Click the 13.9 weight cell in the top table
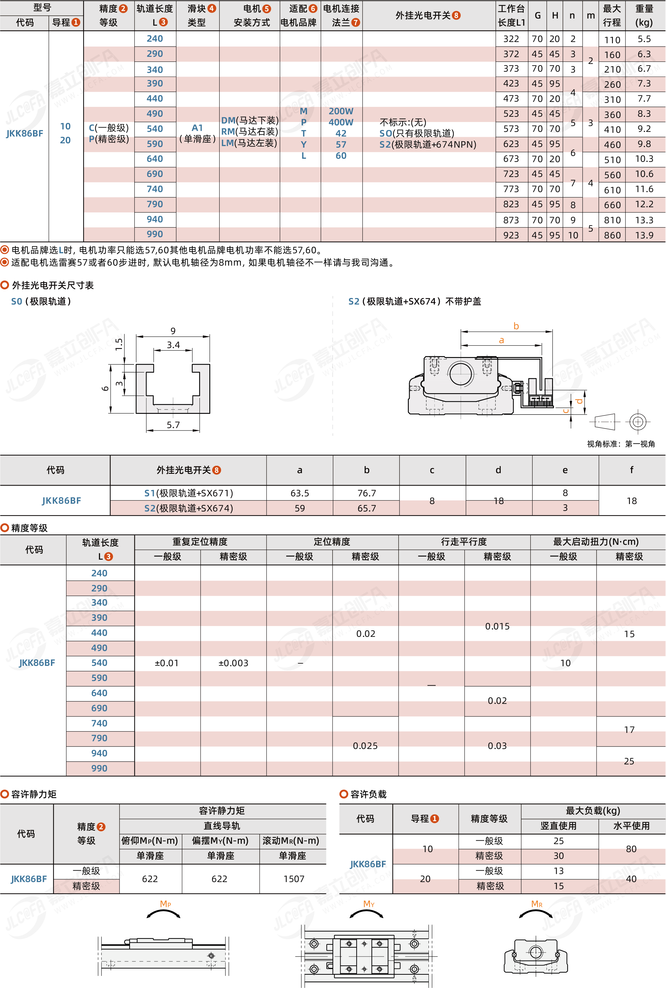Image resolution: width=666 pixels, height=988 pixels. tap(644, 235)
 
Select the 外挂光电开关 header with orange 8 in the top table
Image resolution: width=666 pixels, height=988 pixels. tap(427, 15)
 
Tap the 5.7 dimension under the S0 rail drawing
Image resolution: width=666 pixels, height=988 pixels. tap(173, 425)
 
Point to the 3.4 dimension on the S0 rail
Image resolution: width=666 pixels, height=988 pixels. tap(173, 345)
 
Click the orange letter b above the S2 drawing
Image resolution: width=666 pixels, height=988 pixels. tap(516, 326)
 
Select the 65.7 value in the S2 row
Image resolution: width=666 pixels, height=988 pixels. tap(366, 508)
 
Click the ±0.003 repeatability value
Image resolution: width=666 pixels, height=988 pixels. tap(233, 663)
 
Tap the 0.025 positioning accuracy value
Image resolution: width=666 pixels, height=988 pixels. tap(365, 746)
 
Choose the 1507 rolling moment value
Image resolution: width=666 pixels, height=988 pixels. tap(294, 879)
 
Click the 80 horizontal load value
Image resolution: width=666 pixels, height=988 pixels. tap(631, 849)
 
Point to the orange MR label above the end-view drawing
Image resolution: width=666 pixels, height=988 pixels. tap(536, 904)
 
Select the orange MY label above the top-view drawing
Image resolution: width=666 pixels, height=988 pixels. tap(369, 904)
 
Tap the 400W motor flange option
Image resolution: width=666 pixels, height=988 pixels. tap(341, 122)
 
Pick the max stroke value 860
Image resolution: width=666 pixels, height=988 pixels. tap(612, 235)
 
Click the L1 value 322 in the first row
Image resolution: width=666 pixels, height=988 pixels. tap(511, 39)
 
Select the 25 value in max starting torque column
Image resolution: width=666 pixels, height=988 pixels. tap(629, 761)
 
